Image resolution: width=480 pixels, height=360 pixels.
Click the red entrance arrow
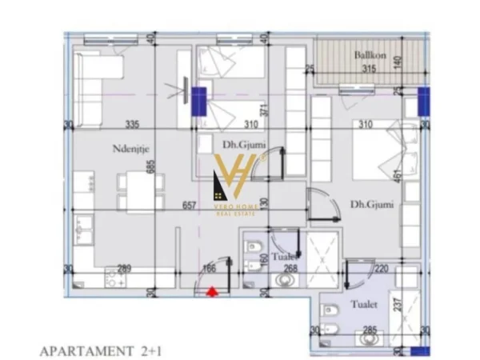point(211,293)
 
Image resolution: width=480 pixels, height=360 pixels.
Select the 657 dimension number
point(190,206)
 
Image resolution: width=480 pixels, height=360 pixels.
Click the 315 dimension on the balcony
point(369,69)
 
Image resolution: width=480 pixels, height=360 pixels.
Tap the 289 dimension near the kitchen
point(124,269)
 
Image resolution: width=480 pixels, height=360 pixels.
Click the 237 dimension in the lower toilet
point(395,305)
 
